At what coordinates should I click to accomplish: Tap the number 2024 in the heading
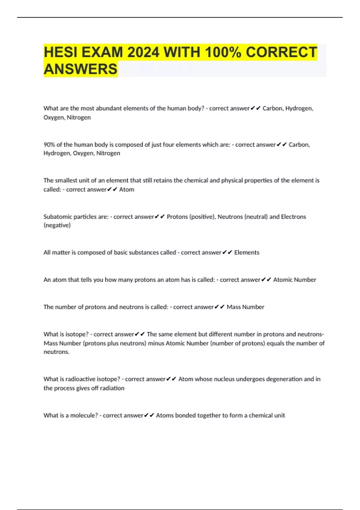[x=143, y=52]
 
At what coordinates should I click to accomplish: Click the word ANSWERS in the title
[x=80, y=69]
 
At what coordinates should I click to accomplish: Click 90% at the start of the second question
[x=49, y=145]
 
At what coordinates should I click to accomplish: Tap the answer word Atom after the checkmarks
[x=127, y=189]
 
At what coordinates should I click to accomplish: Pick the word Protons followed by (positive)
[x=177, y=217]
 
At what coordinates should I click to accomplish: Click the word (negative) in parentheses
[x=57, y=225]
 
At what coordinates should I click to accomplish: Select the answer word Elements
[x=247, y=252]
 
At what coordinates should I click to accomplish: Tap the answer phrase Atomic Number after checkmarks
[x=295, y=280]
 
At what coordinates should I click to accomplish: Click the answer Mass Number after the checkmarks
[x=245, y=307]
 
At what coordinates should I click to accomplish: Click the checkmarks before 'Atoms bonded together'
[x=149, y=415]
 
